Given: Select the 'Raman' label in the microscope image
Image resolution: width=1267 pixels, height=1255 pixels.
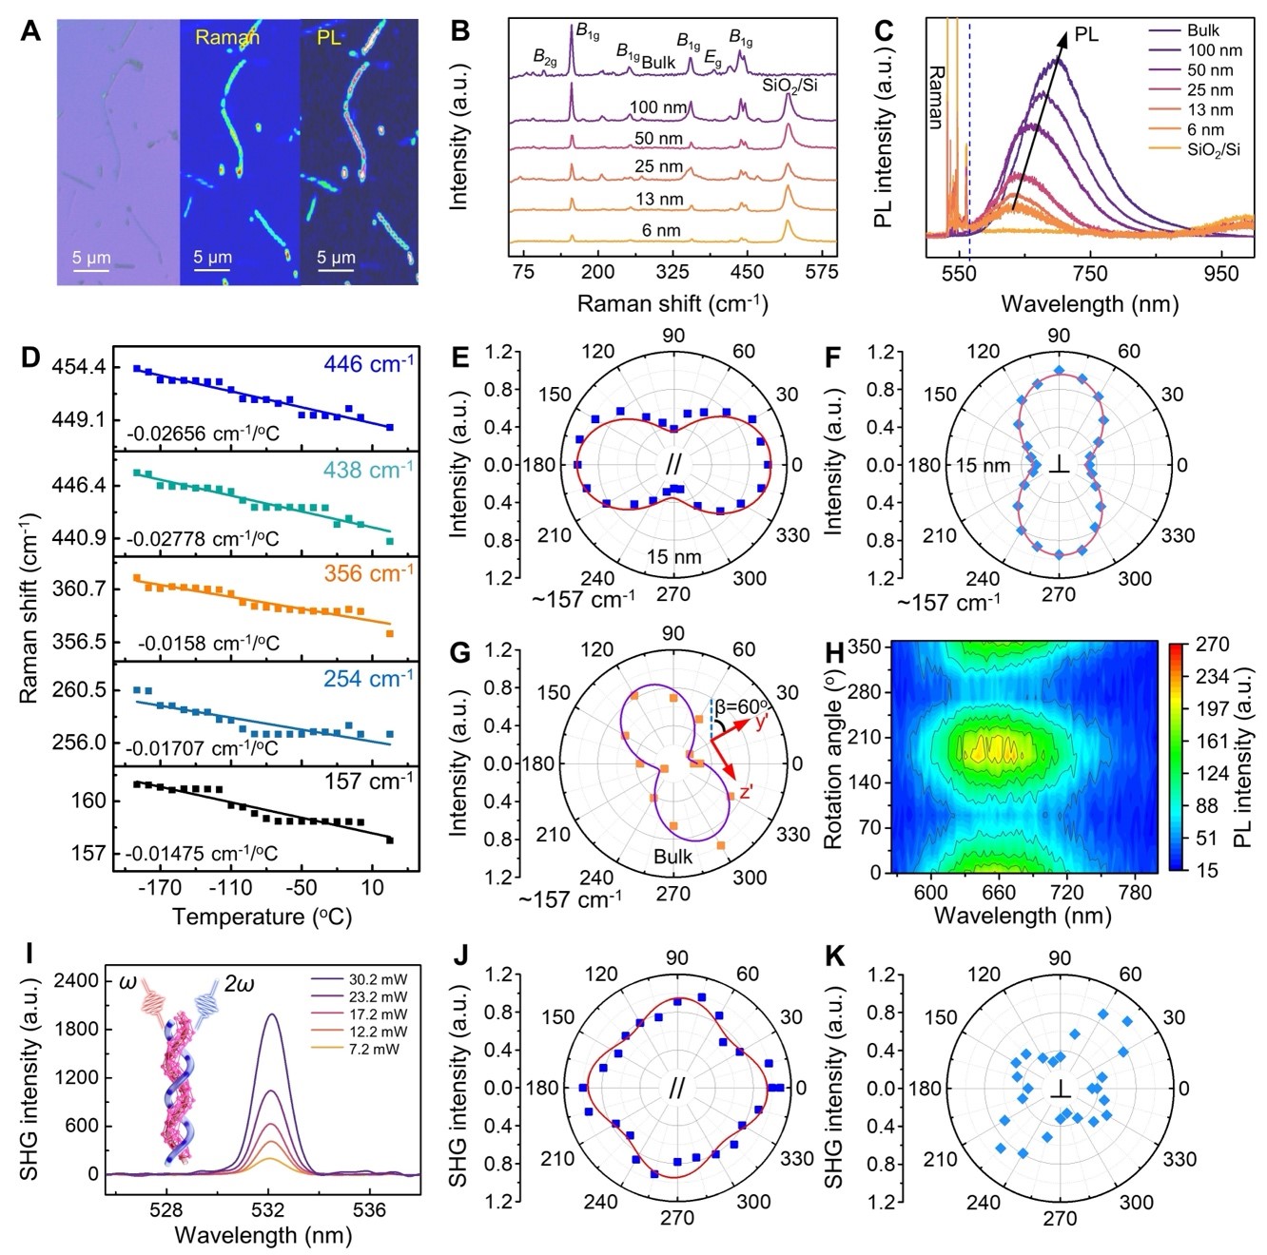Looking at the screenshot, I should pyautogui.click(x=226, y=38).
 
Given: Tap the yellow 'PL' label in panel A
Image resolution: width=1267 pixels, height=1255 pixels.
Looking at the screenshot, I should pyautogui.click(x=329, y=38).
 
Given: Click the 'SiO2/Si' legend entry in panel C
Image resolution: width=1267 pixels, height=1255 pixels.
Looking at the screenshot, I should pyautogui.click(x=1213, y=149).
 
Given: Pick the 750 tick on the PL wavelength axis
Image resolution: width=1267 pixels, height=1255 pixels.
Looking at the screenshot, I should pyautogui.click(x=1089, y=274).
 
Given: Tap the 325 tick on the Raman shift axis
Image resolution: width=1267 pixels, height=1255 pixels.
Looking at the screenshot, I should pyautogui.click(x=672, y=273).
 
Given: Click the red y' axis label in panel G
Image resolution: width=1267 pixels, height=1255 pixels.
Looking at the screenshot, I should pyautogui.click(x=763, y=723).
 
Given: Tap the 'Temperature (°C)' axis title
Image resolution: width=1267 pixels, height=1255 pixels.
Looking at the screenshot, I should pyautogui.click(x=262, y=917).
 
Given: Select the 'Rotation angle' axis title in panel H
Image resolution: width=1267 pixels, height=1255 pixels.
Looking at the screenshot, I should pyautogui.click(x=833, y=756).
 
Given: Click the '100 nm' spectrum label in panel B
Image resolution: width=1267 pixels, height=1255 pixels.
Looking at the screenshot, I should pyautogui.click(x=656, y=107).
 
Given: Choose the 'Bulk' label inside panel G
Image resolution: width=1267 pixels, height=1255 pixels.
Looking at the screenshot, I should pyautogui.click(x=672, y=857).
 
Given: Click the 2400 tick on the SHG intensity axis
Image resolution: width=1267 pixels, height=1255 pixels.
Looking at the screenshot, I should pyautogui.click(x=80, y=980).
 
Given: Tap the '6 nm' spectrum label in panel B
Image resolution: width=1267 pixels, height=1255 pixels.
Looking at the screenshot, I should pyautogui.click(x=660, y=230).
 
